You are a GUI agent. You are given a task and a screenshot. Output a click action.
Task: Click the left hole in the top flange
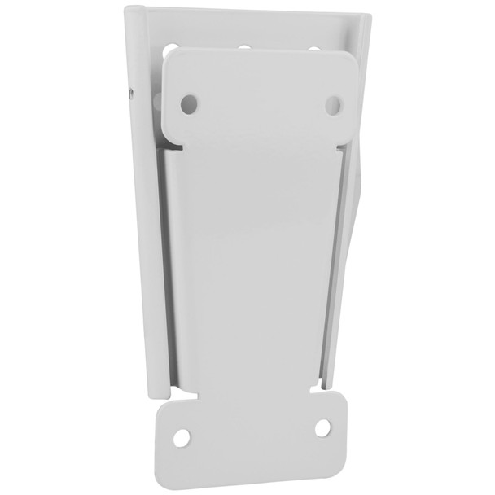click(189, 103)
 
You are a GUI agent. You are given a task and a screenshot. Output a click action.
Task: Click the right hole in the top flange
click(333, 104)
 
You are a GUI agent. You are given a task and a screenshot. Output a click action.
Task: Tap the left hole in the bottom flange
click(182, 437)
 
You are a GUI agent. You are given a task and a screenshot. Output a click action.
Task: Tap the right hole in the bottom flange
click(322, 427)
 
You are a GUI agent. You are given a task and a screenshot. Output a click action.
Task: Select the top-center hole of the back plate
click(243, 46)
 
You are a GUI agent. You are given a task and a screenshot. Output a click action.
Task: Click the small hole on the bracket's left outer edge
click(130, 93)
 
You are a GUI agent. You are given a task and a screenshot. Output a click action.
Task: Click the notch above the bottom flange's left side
click(173, 395)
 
